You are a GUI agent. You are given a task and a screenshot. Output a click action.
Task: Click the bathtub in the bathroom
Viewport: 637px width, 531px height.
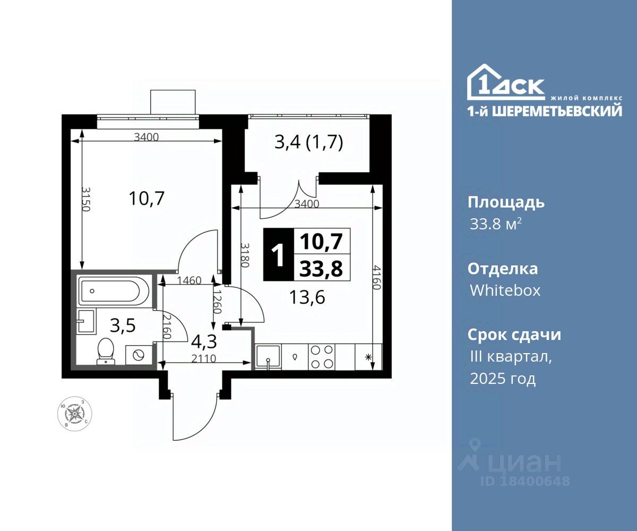pos(114,290)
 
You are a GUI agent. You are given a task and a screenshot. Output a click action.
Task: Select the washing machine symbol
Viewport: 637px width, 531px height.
pos(139,355)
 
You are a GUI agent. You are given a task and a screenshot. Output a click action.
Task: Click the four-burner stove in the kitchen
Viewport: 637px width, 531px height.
pos(322,357)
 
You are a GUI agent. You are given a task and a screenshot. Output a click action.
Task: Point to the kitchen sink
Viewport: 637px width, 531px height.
pos(269,357)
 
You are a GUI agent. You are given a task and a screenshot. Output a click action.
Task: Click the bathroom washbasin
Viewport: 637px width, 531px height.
pos(87,321)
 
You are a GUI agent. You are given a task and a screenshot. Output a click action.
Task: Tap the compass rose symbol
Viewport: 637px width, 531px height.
pos(75,414)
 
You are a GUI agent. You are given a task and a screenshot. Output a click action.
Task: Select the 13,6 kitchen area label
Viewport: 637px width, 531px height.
pos(307,297)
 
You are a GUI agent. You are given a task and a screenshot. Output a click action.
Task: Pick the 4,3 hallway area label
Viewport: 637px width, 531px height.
pos(204,341)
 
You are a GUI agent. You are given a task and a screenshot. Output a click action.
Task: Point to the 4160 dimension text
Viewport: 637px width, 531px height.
pos(377,277)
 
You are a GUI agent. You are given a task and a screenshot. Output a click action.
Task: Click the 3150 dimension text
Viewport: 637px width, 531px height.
pos(87,200)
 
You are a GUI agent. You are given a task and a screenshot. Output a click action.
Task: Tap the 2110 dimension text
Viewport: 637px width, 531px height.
pos(204,358)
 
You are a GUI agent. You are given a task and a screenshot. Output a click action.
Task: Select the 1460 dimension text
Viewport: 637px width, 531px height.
pos(189,280)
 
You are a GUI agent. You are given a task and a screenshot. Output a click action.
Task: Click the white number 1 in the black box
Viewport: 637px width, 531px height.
pos(278,254)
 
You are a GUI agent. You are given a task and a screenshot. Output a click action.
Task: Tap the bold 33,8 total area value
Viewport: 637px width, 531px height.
pos(321,269)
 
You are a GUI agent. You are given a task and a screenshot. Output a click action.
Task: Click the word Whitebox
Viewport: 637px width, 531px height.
pos(505,290)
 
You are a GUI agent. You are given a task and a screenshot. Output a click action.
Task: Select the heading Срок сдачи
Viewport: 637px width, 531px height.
pos(514,335)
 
